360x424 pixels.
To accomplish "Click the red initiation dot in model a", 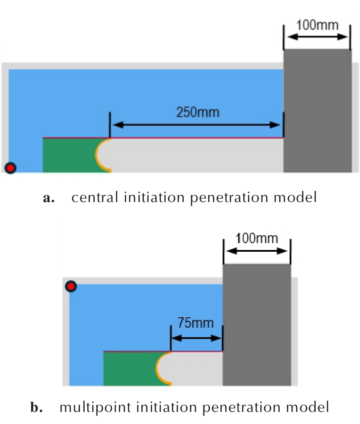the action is (10, 168).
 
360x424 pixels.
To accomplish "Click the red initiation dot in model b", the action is (71, 286).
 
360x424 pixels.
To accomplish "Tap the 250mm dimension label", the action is (198, 112).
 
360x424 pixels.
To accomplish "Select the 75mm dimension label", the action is (195, 323).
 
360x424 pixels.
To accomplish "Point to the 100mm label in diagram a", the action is (317, 25).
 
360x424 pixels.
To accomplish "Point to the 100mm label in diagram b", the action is (257, 238).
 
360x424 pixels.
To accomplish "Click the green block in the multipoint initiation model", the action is (131, 369).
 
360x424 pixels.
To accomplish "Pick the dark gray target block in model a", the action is (318, 111).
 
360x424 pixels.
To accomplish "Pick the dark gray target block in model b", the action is (257, 325).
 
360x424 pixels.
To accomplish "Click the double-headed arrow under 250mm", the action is (197, 125).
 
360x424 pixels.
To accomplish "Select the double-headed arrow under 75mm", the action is (197, 338).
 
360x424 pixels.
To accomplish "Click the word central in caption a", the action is (95, 197).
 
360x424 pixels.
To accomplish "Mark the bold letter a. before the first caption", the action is (49, 198).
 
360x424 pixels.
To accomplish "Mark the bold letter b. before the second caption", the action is (37, 407).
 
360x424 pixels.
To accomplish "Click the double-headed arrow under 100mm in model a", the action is (317, 37).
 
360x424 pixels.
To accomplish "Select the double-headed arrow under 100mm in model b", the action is (257, 251).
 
